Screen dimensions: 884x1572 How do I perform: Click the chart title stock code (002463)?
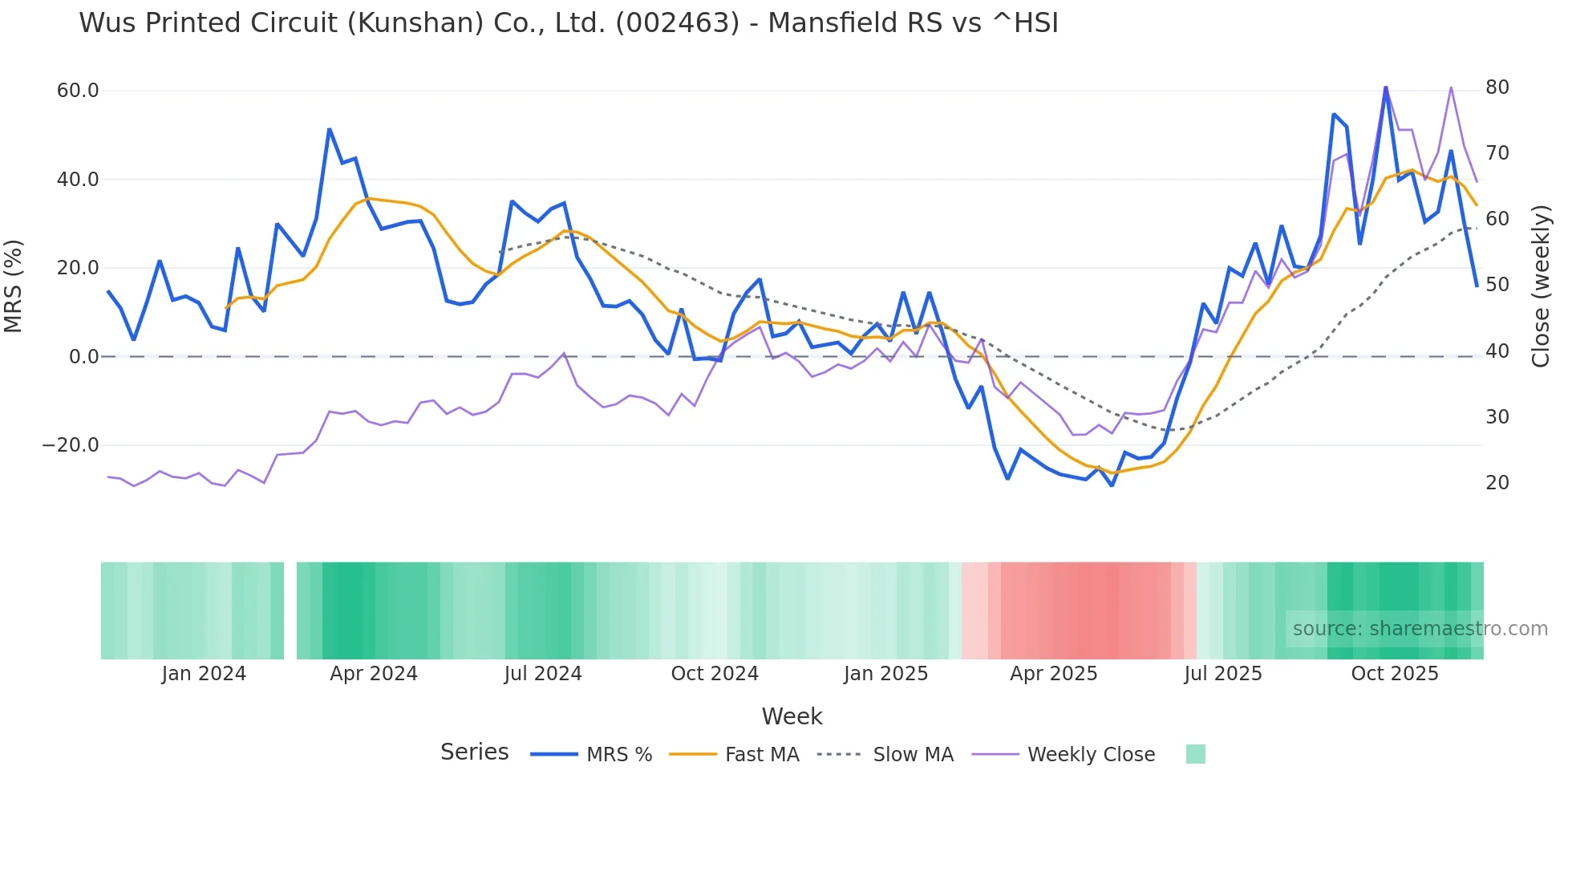tap(678, 23)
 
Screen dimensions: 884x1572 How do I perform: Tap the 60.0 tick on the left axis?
tap(78, 91)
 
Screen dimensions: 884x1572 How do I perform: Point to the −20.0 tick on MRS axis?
tap(71, 445)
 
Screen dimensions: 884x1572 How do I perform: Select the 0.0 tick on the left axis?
tap(84, 357)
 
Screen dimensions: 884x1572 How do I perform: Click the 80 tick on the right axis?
tap(1497, 87)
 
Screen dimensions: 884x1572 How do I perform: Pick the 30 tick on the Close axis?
tap(1497, 417)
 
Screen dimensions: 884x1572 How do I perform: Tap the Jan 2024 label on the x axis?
tap(204, 674)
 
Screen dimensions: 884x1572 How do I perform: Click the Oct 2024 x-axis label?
tap(715, 674)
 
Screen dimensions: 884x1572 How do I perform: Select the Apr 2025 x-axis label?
tap(1054, 674)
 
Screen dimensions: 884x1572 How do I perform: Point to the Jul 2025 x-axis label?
tap(1223, 674)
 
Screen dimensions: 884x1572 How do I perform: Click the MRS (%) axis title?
tap(14, 286)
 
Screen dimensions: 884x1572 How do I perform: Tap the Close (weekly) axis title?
tap(1541, 286)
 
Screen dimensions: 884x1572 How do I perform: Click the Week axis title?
tap(792, 716)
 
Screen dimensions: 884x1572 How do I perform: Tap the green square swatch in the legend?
tap(1196, 755)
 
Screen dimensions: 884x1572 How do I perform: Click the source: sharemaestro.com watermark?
tap(1420, 629)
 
